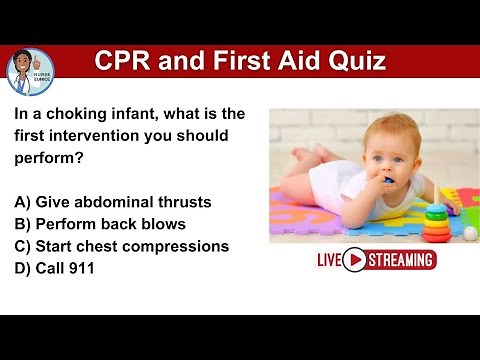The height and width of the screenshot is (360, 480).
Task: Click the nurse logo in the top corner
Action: (30, 70)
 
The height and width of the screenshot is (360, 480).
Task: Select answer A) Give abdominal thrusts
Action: (113, 201)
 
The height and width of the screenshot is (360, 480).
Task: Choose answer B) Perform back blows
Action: (100, 223)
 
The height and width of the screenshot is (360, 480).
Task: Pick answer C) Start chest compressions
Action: (121, 245)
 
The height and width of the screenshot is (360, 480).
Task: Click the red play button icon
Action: (354, 261)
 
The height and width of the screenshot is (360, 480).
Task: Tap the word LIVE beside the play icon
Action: (329, 261)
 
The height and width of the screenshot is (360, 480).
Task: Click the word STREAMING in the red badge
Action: (401, 261)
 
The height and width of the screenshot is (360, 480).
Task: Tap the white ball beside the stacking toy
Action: (469, 233)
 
